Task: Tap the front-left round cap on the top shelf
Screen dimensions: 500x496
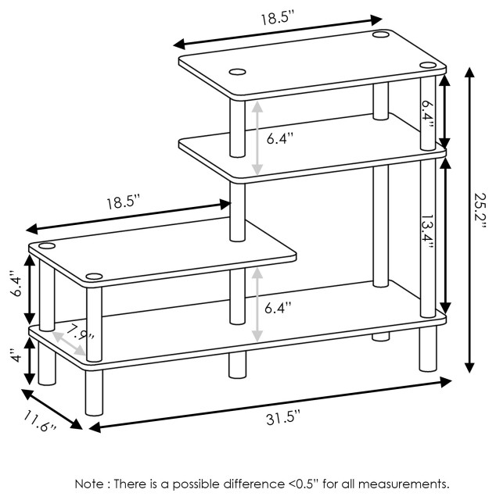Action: tap(236, 73)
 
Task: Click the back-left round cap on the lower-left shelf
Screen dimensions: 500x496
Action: tap(47, 246)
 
